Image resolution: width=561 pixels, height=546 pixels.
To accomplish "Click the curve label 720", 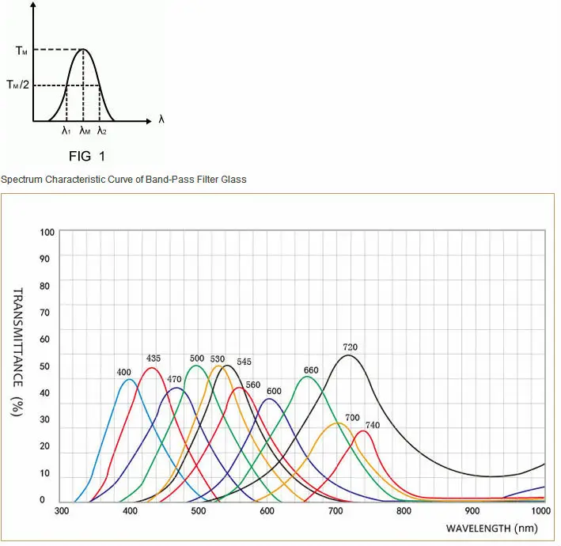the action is pyautogui.click(x=350, y=347).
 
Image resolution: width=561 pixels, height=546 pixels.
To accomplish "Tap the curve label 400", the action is pyautogui.click(x=123, y=372).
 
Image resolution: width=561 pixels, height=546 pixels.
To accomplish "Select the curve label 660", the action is pyautogui.click(x=311, y=370).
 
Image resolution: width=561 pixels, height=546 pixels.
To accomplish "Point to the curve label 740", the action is pyautogui.click(x=373, y=425).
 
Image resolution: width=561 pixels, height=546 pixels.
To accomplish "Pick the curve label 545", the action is pyautogui.click(x=244, y=362).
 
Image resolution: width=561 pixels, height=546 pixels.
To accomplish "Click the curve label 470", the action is pyautogui.click(x=174, y=379).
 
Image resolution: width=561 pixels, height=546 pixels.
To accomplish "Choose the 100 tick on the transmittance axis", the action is pyautogui.click(x=47, y=232).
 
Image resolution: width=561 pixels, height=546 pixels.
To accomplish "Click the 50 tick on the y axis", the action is pyautogui.click(x=45, y=366).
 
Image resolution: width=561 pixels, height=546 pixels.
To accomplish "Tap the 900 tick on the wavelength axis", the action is pyautogui.click(x=472, y=510).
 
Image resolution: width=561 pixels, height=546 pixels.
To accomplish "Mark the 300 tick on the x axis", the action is pyautogui.click(x=62, y=510).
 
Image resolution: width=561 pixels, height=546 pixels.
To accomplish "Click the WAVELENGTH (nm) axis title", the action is pyautogui.click(x=491, y=528).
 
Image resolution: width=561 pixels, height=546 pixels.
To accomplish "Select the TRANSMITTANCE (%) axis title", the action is pyautogui.click(x=18, y=352).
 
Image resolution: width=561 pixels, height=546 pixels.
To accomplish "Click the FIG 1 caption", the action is pyautogui.click(x=87, y=157).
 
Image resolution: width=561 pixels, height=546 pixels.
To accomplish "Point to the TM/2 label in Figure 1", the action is pyautogui.click(x=18, y=85).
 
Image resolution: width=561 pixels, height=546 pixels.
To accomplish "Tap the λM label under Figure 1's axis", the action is pyautogui.click(x=85, y=131).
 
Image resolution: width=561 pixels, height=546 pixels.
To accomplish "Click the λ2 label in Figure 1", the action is pyautogui.click(x=102, y=131).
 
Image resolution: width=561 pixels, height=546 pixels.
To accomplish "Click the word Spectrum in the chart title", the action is pyautogui.click(x=21, y=180).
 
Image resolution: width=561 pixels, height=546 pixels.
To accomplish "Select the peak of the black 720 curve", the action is pyautogui.click(x=348, y=355).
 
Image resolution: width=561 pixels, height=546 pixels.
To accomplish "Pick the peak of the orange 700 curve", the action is pyautogui.click(x=337, y=423).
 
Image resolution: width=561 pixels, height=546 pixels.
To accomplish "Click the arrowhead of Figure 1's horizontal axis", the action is pyautogui.click(x=150, y=121).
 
